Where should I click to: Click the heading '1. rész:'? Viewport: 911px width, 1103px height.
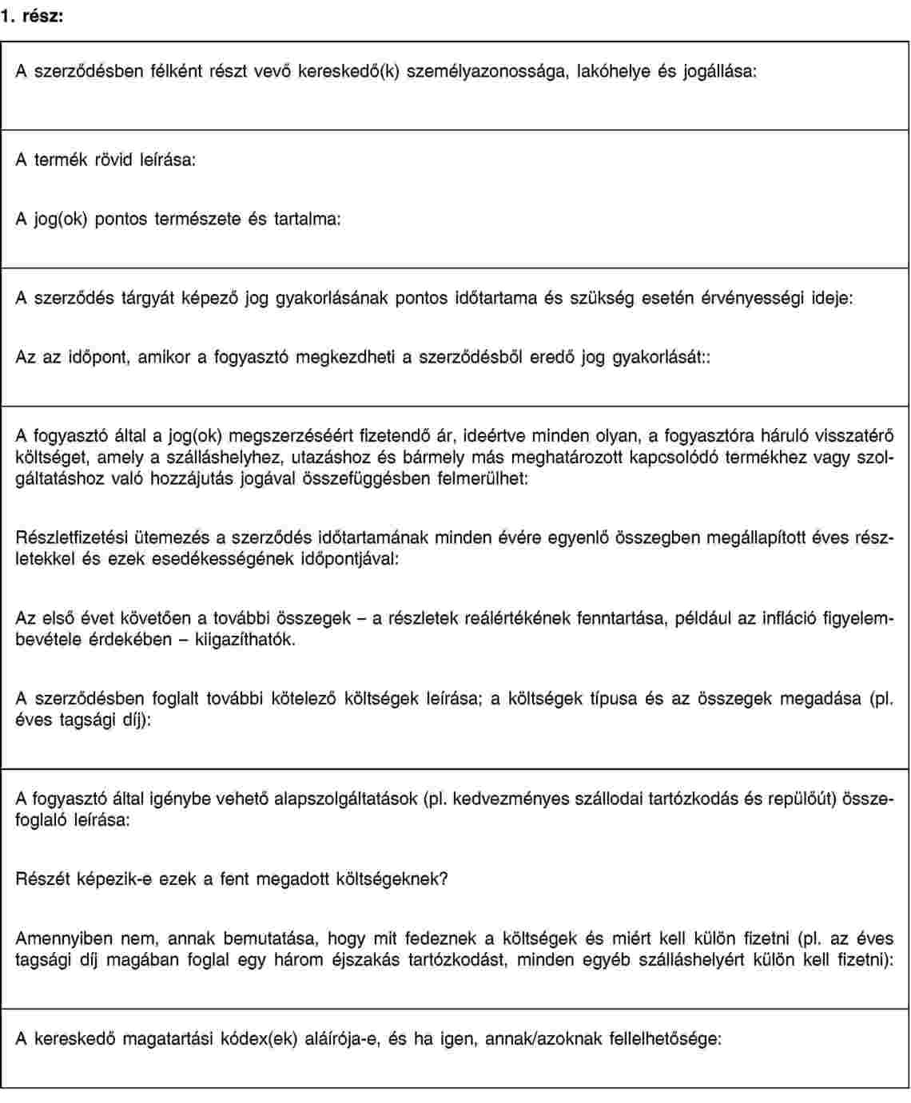pos(32,14)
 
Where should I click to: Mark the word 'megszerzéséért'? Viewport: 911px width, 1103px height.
pos(291,437)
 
